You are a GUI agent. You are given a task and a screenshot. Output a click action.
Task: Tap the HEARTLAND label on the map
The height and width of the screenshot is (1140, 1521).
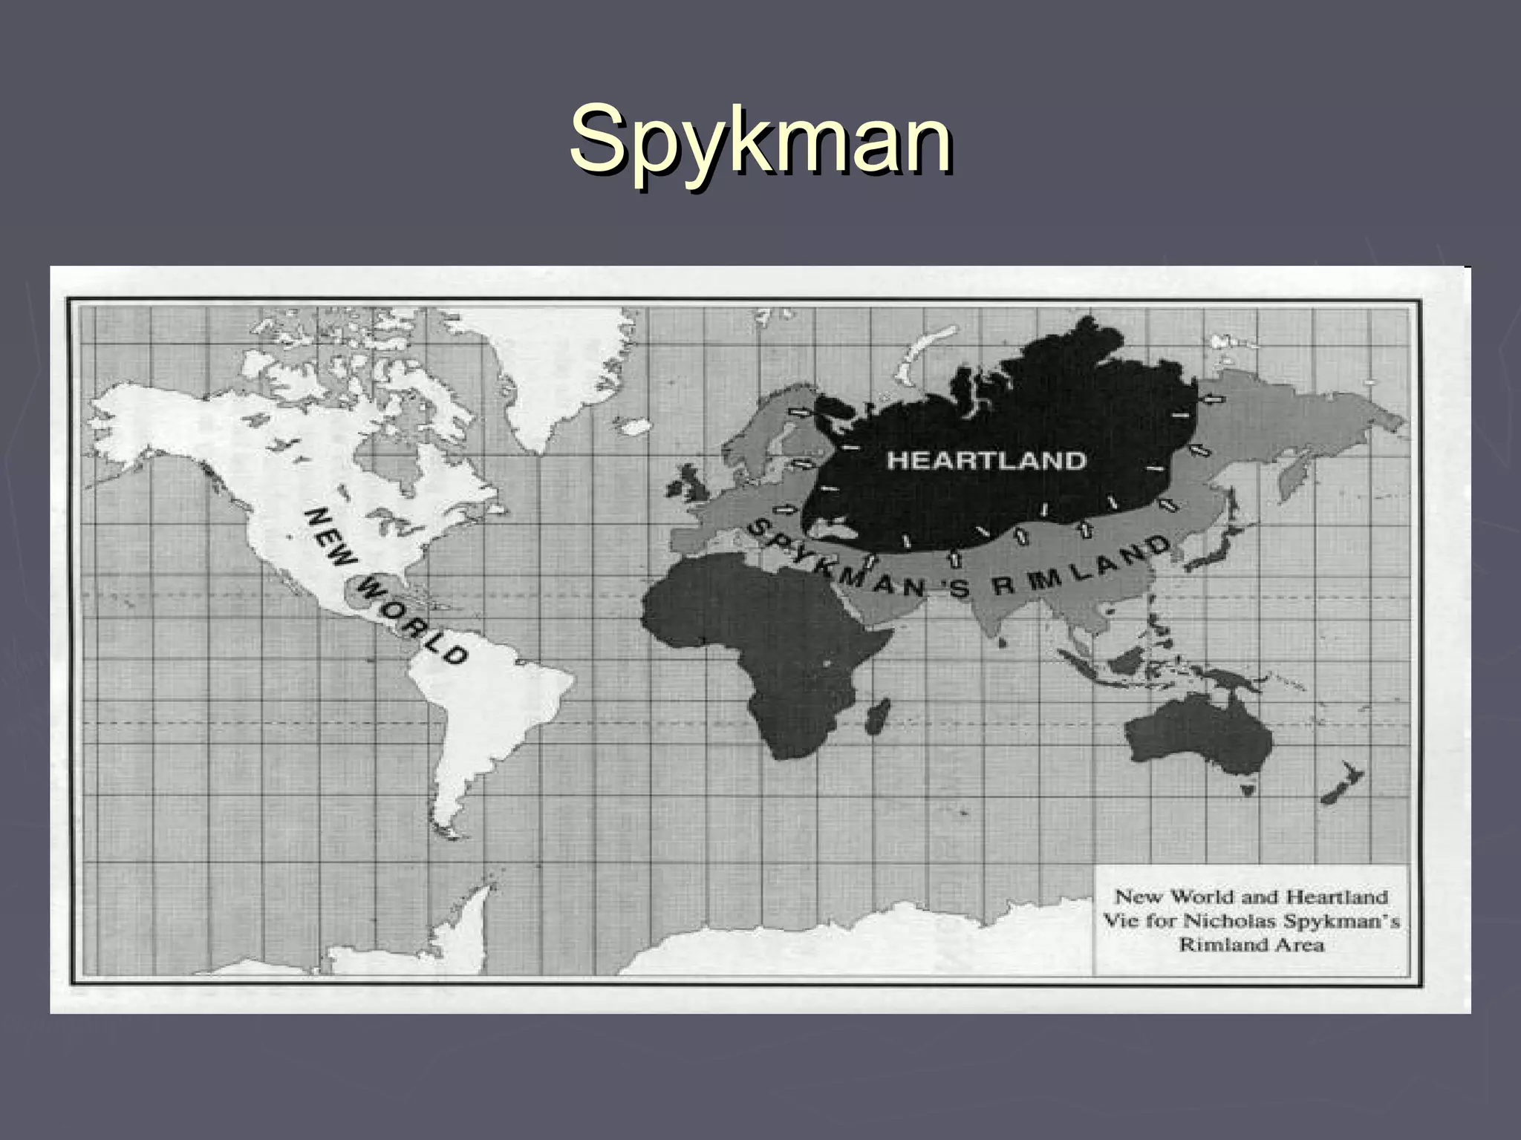coord(986,460)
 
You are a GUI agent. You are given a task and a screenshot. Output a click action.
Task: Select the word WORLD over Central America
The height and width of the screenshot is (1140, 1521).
coord(412,622)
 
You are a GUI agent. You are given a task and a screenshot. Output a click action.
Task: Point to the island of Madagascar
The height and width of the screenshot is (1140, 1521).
coord(877,715)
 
